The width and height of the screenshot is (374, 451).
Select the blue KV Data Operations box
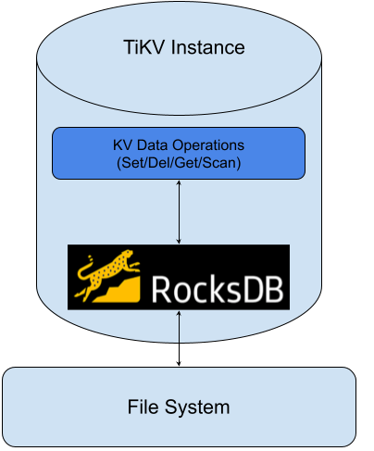tap(178, 153)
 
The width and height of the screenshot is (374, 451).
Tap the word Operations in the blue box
tap(219, 145)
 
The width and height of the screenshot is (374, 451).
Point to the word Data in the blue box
tap(165, 145)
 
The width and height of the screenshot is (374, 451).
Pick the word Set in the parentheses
tap(129, 162)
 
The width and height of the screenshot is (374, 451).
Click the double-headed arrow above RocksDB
tap(179, 212)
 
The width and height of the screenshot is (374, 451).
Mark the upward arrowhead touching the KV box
tap(179, 184)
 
